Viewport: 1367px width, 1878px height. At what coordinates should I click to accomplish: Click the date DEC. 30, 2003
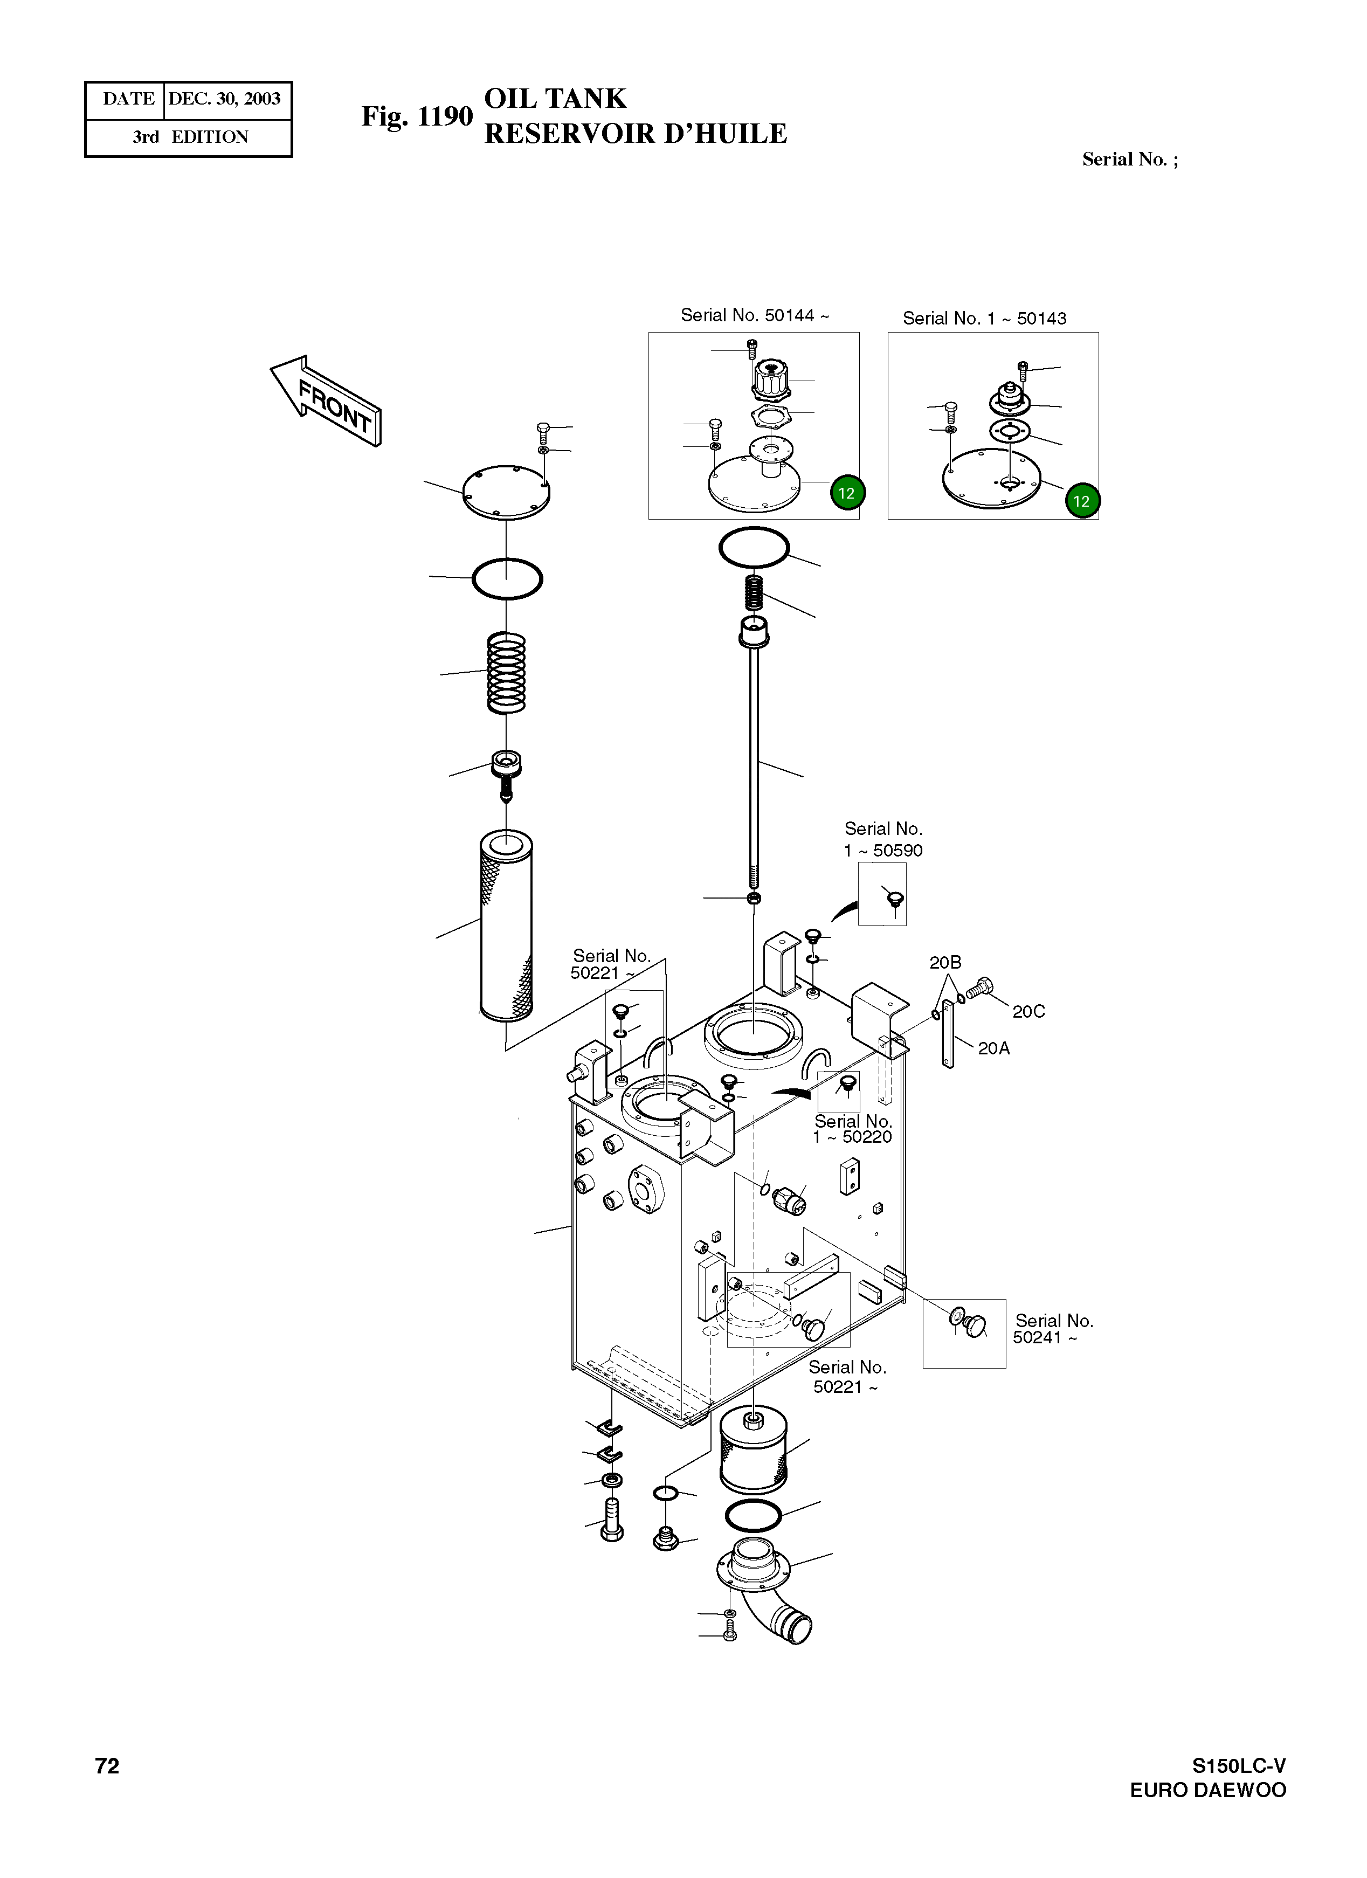224,99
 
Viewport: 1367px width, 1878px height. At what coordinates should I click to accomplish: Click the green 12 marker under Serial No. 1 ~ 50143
1081,501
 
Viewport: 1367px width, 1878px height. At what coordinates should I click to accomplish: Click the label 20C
1028,1011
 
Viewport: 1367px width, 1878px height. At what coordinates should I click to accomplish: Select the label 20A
993,1048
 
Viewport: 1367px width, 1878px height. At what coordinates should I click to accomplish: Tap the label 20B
945,962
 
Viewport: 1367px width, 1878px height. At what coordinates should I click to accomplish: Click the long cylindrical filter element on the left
506,926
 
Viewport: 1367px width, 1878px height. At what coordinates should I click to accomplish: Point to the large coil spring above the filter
506,672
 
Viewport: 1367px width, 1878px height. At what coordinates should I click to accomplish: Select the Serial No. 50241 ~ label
1052,1329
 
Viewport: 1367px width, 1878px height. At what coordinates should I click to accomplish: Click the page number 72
107,1766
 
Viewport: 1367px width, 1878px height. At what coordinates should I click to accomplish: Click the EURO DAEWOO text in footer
1207,1790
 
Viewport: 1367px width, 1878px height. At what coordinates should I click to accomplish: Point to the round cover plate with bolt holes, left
505,493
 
